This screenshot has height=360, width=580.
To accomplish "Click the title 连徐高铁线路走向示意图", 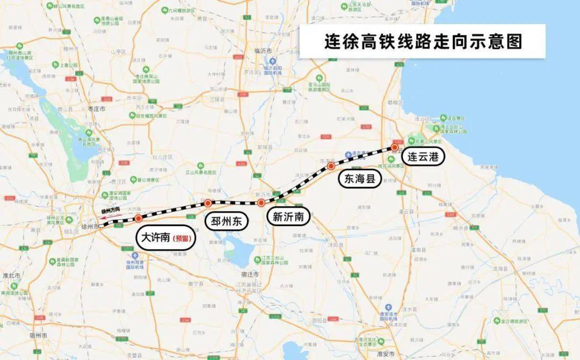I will (x=422, y=41).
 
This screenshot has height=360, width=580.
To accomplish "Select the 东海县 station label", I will (x=360, y=178).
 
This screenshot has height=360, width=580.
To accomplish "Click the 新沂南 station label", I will (x=288, y=217).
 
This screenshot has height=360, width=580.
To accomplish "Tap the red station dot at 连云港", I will (x=395, y=147).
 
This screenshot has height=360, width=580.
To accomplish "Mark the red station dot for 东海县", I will (x=331, y=167).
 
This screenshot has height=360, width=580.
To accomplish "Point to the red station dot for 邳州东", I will (x=207, y=203).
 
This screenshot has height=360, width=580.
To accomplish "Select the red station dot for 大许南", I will (x=139, y=218).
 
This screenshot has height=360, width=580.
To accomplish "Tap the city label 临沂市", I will (x=264, y=51).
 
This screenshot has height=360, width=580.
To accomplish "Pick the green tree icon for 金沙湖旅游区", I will (x=497, y=321).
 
